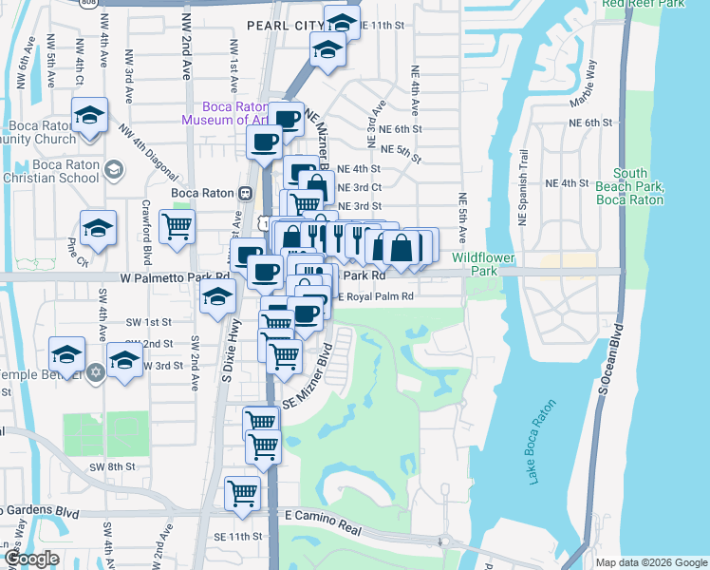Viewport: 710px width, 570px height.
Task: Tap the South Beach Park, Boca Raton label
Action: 629,187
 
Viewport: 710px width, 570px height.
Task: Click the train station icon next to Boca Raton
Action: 246,192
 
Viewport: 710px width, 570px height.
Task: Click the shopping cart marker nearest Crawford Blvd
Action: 177,227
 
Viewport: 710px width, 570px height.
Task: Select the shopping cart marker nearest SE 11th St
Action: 242,493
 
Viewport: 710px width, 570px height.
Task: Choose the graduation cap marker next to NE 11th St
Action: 341,21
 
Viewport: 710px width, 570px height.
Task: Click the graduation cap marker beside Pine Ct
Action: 98,227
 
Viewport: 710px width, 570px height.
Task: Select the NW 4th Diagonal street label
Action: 150,153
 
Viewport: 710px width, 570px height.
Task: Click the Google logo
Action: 31,559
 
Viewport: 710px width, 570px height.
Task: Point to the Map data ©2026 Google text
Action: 650,562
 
